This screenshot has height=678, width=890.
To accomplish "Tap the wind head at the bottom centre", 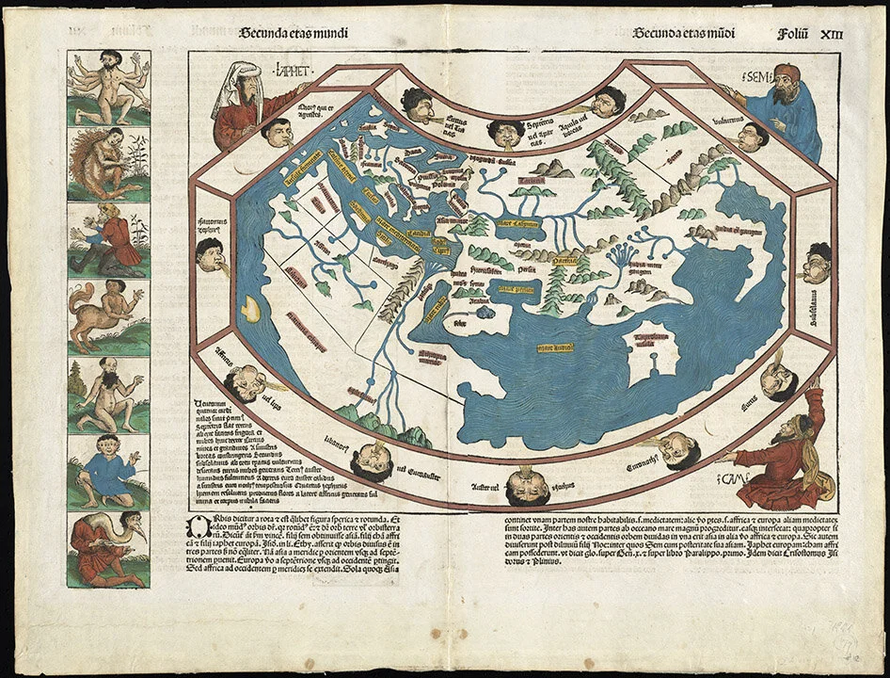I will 528,487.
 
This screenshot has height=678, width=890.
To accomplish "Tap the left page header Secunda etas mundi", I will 294,33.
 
